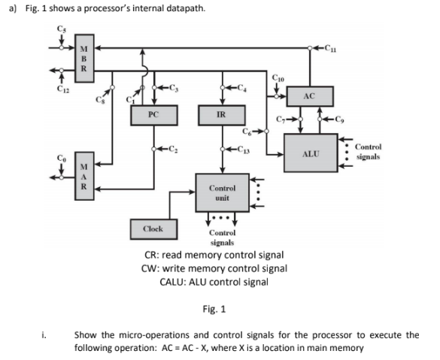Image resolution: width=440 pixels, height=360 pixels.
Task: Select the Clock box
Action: coord(153,227)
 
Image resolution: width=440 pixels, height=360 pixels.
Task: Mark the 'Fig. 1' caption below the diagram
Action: coord(220,308)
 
